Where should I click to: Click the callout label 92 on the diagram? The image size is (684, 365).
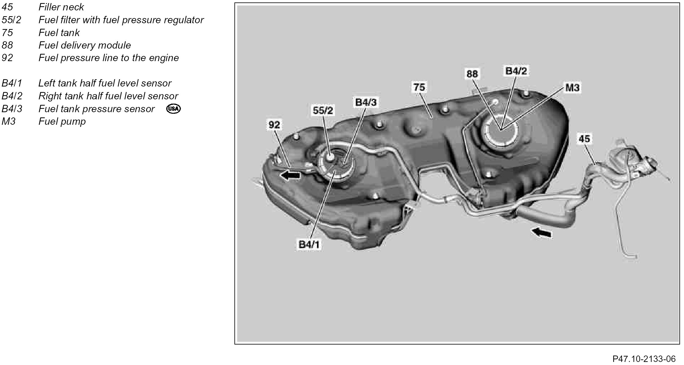point(274,125)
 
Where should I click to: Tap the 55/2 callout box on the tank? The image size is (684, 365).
point(323,110)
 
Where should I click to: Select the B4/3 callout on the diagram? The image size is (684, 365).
point(366,102)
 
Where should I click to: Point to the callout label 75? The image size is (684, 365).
point(419,87)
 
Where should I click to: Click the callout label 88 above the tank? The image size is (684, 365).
point(472,74)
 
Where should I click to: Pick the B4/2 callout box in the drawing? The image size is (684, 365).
point(516,71)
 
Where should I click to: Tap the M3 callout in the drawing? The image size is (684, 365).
point(572,88)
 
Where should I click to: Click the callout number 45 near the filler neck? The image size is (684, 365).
point(584,139)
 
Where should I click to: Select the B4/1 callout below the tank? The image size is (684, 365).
point(309,245)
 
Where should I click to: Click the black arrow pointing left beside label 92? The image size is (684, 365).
point(290,175)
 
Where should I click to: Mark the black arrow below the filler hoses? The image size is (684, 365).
point(542,233)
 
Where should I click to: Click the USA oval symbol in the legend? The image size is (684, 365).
point(174,109)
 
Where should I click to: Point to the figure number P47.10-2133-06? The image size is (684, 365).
point(644,359)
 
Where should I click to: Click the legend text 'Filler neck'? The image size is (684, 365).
point(61,7)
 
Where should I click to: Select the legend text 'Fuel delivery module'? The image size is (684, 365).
point(85,45)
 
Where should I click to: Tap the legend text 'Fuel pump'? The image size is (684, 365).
point(62,121)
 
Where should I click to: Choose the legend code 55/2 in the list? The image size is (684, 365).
point(11,20)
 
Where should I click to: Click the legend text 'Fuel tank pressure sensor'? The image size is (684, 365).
point(97,109)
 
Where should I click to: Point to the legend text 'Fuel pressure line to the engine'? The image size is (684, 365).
point(108,58)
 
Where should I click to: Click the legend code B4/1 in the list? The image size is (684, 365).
point(12,83)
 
